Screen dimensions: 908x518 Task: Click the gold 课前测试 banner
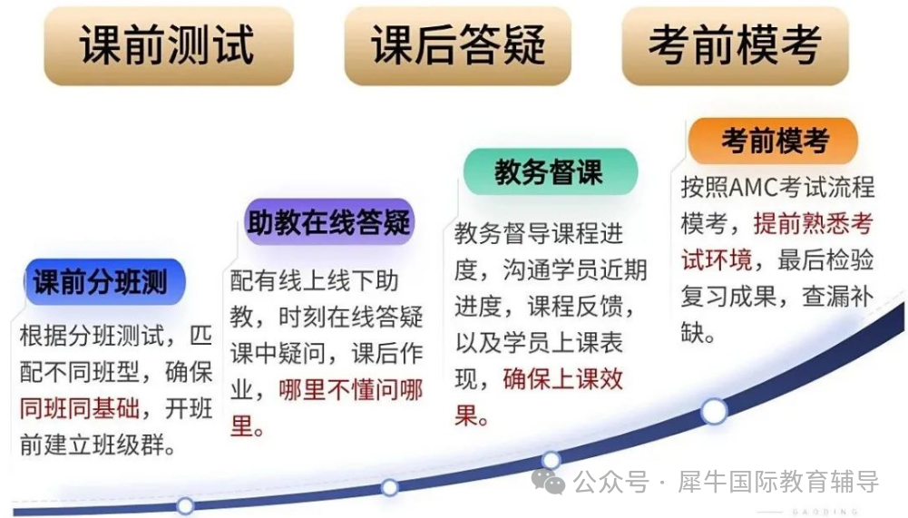coord(169,45)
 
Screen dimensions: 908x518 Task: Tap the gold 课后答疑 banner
coord(457,45)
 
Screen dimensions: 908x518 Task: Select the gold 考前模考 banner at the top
coord(735,45)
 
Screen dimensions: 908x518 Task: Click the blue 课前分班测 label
coord(105,282)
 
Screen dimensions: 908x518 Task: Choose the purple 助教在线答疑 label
coord(329,222)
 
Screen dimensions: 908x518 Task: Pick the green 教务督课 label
coord(550,172)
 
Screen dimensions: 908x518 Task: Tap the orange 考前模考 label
coord(774,141)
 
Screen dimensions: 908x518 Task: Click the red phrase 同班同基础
coord(80,408)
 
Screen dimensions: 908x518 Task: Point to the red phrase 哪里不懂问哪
coord(351,390)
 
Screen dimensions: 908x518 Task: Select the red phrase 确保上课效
coord(563,379)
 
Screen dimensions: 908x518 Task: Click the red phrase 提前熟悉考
coord(814,224)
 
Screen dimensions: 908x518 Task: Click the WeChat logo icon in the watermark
coord(548,482)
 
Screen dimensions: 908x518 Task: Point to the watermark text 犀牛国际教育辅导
coord(779,482)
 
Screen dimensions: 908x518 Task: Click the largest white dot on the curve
coord(714,411)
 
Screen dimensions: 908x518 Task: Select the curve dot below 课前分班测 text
coord(185,506)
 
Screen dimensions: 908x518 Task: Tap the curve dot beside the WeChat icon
coord(551,460)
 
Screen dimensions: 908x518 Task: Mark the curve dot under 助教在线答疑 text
coord(390,488)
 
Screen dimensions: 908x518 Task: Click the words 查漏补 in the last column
coord(838,297)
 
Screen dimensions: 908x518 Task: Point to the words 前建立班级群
coord(99,445)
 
